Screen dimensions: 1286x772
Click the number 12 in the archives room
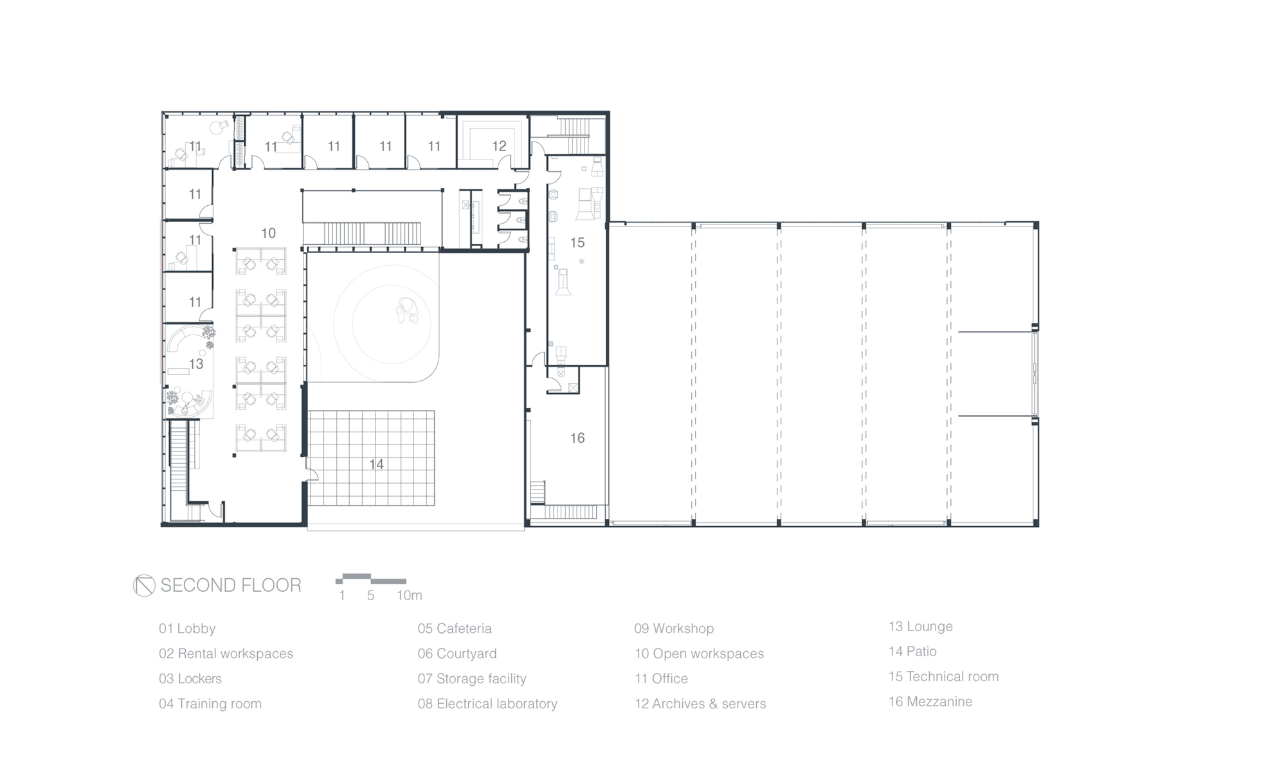coord(499,147)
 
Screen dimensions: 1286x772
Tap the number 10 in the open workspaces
coord(268,234)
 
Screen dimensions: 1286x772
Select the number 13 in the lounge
coord(196,364)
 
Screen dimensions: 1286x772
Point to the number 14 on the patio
coord(376,464)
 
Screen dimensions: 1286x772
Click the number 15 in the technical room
coord(577,243)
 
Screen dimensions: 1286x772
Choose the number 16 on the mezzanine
coord(577,438)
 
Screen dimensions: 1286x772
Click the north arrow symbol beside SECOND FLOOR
coord(144,585)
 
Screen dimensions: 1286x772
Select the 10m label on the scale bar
coord(409,596)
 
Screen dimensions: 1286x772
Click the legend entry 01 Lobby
coord(187,629)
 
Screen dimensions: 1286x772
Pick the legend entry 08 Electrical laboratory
coord(487,704)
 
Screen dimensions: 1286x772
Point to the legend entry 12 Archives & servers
coord(700,704)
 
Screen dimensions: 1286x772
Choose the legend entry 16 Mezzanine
coord(930,702)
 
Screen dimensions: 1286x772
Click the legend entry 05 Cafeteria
coord(455,629)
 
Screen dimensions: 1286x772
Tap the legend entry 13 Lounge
coord(921,627)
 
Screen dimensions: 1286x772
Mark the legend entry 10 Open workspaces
coord(700,654)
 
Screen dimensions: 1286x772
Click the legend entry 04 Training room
coord(210,704)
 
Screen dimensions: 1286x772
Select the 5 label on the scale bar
coord(370,596)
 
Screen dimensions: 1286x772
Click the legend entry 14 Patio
coord(912,652)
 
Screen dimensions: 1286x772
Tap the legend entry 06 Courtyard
coord(457,654)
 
